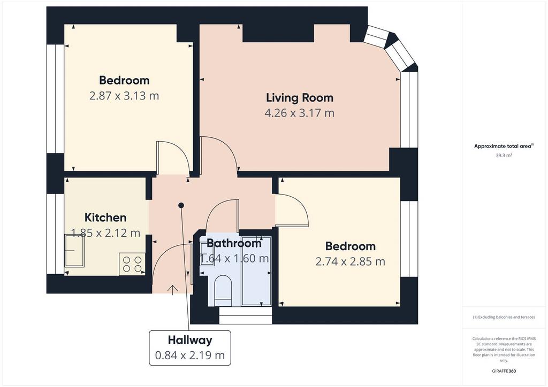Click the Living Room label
[x=300, y=98]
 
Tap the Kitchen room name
[x=105, y=218]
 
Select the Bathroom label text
[x=234, y=243]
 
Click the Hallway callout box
[x=190, y=348]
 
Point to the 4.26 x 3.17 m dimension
[x=300, y=113]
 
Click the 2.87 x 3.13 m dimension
[x=124, y=96]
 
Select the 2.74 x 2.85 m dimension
[x=350, y=261]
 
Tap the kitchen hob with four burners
[x=132, y=264]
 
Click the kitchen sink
[x=74, y=251]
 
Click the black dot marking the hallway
[x=181, y=206]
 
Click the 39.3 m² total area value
[x=504, y=156]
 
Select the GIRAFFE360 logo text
[x=504, y=371]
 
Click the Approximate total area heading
[x=503, y=146]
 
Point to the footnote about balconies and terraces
[x=504, y=317]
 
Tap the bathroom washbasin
[x=207, y=254]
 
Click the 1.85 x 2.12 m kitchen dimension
[x=105, y=233]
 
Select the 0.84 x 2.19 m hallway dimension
[x=190, y=355]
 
